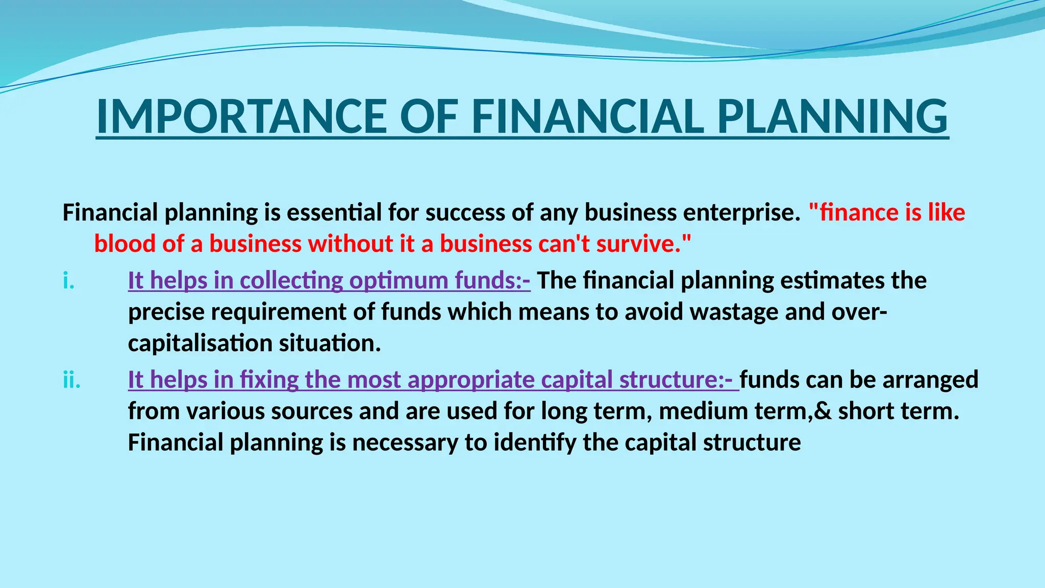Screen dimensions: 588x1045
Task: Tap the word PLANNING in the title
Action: pos(832,117)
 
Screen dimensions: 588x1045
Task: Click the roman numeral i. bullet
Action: pos(69,281)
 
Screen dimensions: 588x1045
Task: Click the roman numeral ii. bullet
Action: pos(72,380)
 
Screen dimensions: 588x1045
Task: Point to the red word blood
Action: pos(125,244)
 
